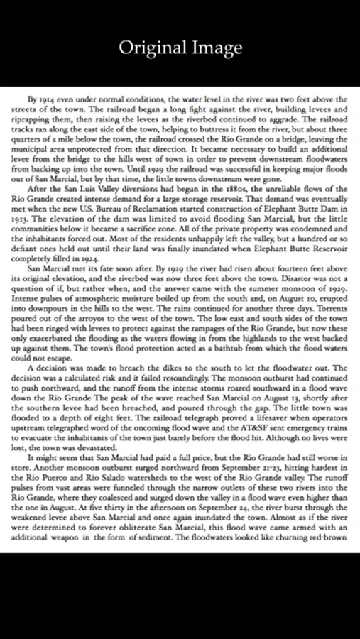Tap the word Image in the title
tap(217, 48)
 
